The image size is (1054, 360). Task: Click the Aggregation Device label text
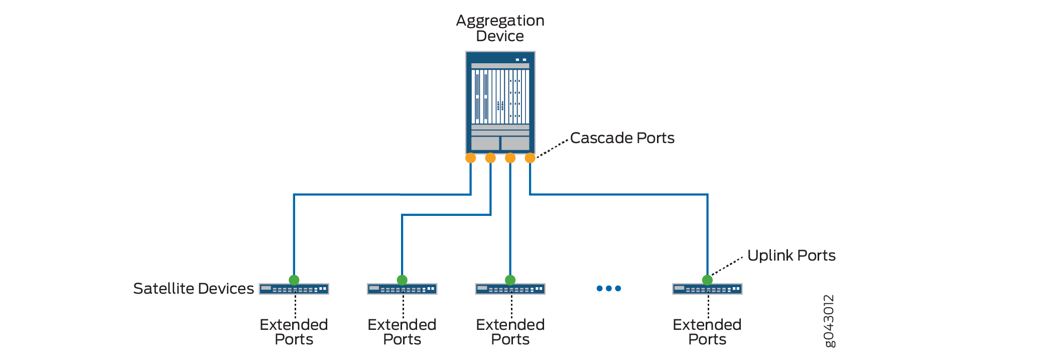[500, 28]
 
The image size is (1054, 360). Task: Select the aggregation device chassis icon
[500, 102]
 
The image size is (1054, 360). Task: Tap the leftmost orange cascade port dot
[470, 158]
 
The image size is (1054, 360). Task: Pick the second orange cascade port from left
[490, 158]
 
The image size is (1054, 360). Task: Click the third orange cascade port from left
[510, 158]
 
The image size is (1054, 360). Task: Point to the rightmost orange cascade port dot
[530, 158]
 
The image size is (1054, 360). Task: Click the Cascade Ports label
[622, 138]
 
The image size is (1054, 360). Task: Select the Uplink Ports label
[791, 256]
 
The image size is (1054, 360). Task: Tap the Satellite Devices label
[193, 289]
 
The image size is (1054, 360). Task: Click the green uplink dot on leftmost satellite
[294, 280]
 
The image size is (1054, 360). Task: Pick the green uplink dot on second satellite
[402, 280]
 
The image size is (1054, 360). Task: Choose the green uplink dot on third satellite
[510, 280]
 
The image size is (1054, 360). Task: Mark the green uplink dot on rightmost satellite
[707, 280]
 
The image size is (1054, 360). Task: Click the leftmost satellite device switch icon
[294, 289]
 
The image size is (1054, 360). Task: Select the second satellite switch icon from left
[402, 289]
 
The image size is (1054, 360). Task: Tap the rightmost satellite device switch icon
[707, 289]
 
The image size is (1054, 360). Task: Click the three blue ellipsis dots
[609, 288]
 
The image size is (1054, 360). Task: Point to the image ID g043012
[829, 321]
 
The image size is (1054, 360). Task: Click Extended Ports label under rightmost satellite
[707, 332]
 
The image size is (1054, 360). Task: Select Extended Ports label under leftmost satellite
[294, 332]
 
